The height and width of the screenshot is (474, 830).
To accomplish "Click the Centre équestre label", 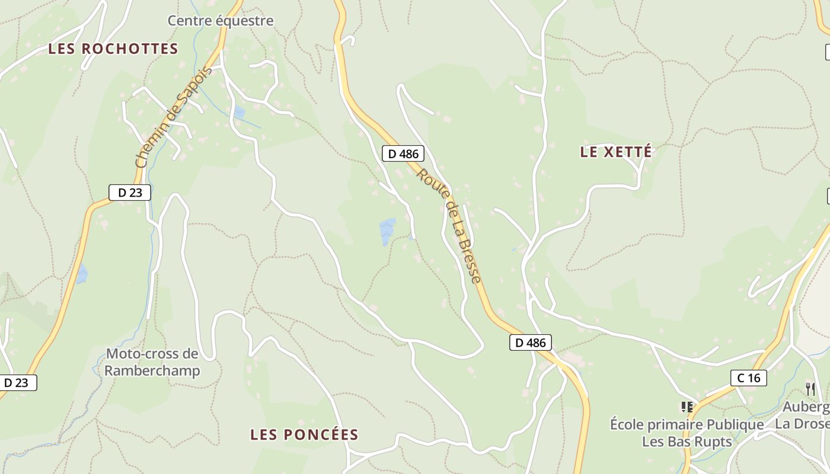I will tap(221, 21).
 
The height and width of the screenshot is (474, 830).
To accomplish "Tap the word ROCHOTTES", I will tap(129, 49).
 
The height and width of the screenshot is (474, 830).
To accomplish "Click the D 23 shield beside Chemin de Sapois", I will tap(130, 192).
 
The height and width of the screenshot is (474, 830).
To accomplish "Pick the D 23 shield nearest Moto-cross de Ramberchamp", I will tap(16, 383).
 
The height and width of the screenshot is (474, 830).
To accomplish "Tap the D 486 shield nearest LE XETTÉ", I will tap(403, 154).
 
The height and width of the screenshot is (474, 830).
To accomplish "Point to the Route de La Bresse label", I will tap(448, 225).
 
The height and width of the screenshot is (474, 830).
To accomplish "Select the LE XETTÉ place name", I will tap(616, 152).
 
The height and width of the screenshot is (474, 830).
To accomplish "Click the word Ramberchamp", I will tap(153, 371).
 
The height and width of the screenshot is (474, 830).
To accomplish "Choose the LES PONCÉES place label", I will tap(304, 435).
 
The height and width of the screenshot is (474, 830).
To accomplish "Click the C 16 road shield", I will tap(748, 378).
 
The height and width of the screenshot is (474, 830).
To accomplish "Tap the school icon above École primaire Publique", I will tap(687, 407).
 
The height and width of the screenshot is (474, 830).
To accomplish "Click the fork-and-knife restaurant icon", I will tap(810, 389).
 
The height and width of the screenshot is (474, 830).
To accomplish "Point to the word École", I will tap(627, 425).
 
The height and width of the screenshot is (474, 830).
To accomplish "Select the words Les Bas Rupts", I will tap(687, 442).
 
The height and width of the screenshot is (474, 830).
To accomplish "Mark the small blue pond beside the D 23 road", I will tap(81, 274).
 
